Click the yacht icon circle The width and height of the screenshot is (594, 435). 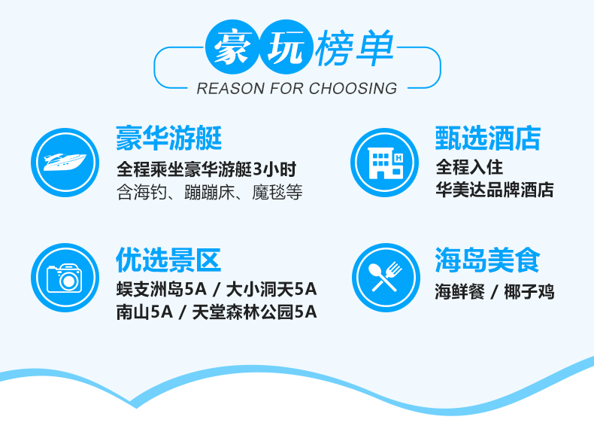click(65, 163)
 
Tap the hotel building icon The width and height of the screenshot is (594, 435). click(384, 163)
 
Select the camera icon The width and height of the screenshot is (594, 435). click(65, 278)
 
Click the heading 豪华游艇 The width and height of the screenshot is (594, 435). click(168, 138)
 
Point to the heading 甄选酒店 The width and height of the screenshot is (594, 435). click(488, 138)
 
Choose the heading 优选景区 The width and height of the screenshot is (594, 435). click(168, 260)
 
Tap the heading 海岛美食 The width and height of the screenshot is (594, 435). click(487, 260)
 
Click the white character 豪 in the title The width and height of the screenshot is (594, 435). click(232, 47)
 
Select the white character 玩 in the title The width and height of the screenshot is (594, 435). click(286, 47)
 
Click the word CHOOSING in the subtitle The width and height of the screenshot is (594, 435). click(353, 88)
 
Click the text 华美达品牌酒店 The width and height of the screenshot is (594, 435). click(495, 190)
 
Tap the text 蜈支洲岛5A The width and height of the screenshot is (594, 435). click(162, 290)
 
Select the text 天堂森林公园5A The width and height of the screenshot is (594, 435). click(255, 312)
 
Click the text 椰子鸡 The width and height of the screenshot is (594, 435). click(529, 292)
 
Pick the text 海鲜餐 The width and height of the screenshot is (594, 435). click(460, 292)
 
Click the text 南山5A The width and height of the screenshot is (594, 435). click(144, 312)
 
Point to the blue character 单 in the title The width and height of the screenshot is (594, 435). click(375, 48)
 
